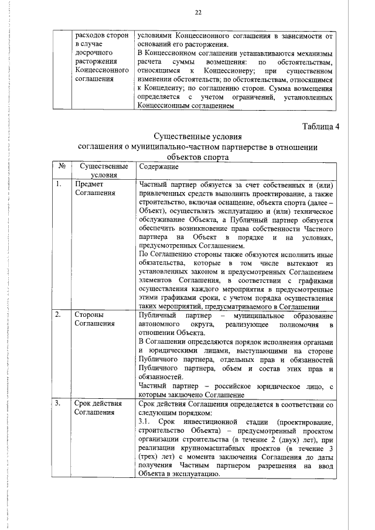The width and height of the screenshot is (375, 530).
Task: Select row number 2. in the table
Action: [59, 315]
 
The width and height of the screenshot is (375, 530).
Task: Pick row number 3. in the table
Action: [59, 404]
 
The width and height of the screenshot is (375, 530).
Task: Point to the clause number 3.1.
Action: [145, 422]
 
